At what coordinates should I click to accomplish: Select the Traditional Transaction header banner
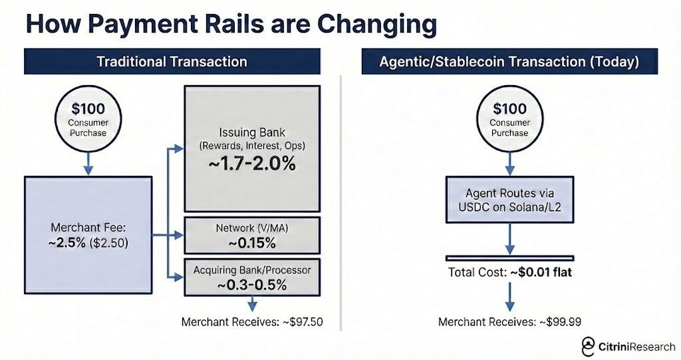pyautogui.click(x=172, y=62)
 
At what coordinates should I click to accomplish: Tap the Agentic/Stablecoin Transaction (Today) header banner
pyautogui.click(x=509, y=62)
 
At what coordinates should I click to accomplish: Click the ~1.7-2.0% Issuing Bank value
pyautogui.click(x=251, y=164)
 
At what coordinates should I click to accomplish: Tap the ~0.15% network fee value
pyautogui.click(x=251, y=243)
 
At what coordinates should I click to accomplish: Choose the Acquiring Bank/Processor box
pyautogui.click(x=251, y=277)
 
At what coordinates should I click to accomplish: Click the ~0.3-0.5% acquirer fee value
pyautogui.click(x=251, y=285)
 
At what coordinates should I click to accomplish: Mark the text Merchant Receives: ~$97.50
pyautogui.click(x=252, y=322)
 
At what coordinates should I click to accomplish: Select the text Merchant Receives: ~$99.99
pyautogui.click(x=509, y=322)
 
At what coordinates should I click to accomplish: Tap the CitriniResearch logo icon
pyautogui.click(x=589, y=346)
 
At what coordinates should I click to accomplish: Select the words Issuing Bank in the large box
pyautogui.click(x=251, y=132)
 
